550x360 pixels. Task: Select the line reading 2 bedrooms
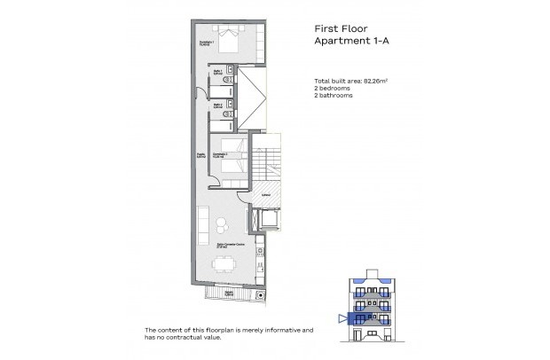pos(321,89)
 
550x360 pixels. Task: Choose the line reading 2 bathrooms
pos(323,96)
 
